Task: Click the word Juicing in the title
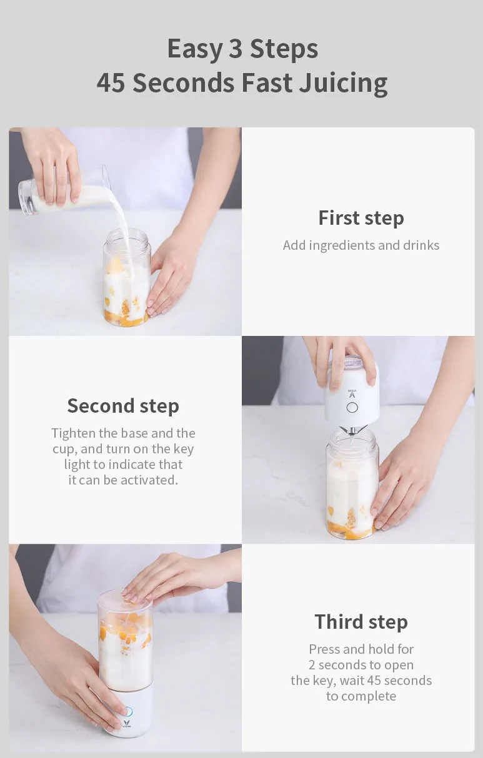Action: [343, 83]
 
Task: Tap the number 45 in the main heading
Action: [111, 82]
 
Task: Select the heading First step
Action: [361, 218]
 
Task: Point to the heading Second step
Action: [123, 406]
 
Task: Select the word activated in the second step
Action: [149, 480]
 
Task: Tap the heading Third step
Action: [361, 622]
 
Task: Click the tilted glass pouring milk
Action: [64, 191]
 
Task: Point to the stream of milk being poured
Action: [123, 230]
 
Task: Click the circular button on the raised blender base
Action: [352, 408]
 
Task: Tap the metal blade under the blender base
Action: [352, 433]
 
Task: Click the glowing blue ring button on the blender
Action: [128, 711]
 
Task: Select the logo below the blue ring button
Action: [126, 724]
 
